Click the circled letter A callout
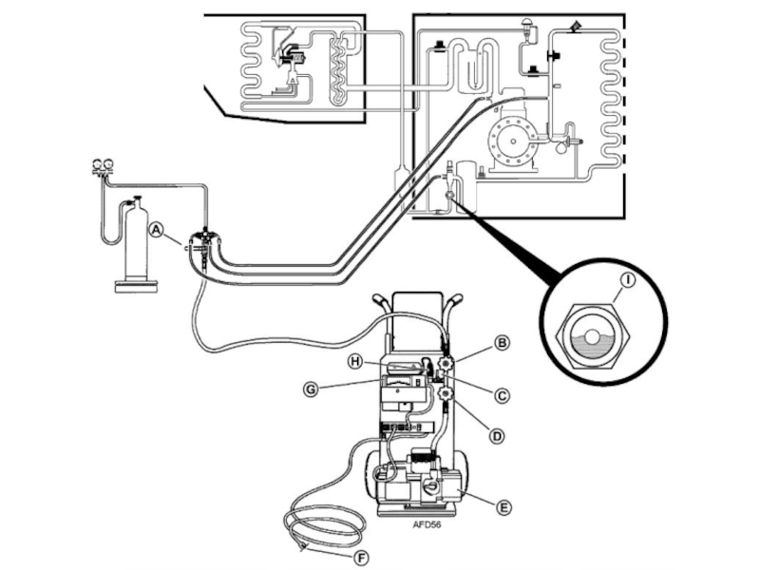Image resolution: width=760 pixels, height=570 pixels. pos(156,229)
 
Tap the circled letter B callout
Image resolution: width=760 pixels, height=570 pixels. pos(502,343)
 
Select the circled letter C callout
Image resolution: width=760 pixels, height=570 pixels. pos(502,395)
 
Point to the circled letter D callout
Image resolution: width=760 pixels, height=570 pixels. pos(496,436)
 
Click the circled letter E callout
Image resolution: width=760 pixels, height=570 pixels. pos(503,507)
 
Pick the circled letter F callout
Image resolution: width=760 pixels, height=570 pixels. pos(361,559)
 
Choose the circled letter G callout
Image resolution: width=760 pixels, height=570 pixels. pos(311,389)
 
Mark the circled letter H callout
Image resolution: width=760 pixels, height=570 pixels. pos(356,362)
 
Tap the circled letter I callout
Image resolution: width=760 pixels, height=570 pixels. pos(628,280)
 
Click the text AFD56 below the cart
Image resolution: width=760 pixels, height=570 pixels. pos(427,524)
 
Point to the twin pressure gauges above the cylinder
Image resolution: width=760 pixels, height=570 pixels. pos(102,164)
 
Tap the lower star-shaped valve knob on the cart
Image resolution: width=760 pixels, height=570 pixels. pos(445,393)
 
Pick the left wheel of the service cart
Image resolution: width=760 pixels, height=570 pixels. pos(373,476)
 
